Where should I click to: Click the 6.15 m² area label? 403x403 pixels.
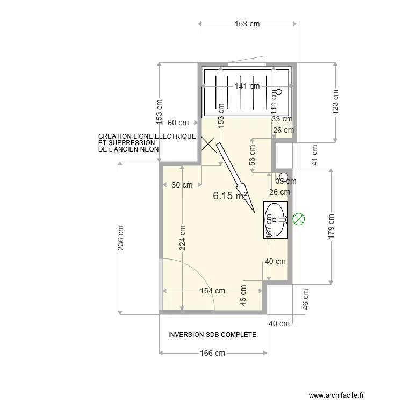point(230,196)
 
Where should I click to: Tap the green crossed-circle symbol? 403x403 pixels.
point(299,219)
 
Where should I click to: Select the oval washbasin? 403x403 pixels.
point(276,219)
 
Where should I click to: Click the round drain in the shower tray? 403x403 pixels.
point(279,92)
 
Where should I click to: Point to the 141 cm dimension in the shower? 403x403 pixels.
point(247,86)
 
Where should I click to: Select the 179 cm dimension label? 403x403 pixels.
point(331,226)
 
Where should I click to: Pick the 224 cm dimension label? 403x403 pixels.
point(183,238)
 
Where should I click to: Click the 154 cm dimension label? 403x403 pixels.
point(212,291)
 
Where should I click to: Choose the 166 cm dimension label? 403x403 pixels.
point(212,353)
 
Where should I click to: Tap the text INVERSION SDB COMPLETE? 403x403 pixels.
point(212,334)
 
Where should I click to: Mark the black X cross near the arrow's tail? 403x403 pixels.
point(207,143)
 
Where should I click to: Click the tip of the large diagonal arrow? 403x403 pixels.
point(256,213)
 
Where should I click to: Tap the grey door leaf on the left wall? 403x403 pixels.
point(161,284)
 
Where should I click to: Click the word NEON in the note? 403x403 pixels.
point(149,149)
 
